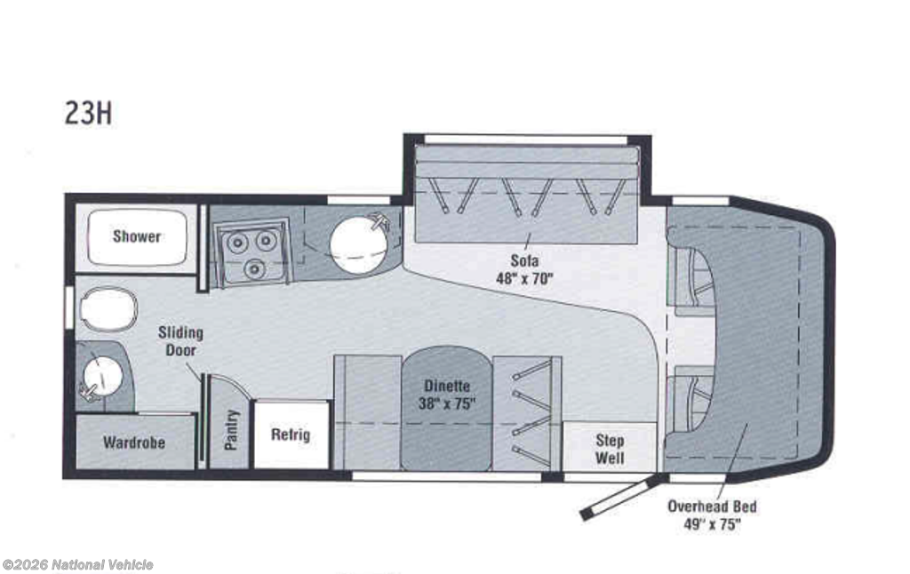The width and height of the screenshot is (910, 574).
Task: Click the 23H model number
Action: pos(88,113)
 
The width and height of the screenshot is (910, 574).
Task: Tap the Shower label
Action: pos(136,236)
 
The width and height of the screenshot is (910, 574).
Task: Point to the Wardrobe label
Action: pos(134,442)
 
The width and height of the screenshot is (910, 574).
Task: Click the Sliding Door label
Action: pos(180,341)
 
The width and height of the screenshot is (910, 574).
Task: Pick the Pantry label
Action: pos(231,429)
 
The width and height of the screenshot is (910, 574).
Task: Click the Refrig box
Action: pos(291,434)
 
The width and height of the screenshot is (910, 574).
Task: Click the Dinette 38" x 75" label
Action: pos(447,395)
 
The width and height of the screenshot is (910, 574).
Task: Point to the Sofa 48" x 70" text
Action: pos(524,269)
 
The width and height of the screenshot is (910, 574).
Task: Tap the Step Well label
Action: pos(610,449)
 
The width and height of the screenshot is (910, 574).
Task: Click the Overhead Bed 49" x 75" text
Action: pos(712,515)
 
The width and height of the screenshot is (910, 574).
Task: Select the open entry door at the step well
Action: pos(621,496)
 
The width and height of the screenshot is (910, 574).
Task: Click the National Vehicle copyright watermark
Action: pos(78,565)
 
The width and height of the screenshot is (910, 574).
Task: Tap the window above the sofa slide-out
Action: pos(525,140)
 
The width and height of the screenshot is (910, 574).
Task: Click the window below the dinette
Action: pos(447,476)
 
